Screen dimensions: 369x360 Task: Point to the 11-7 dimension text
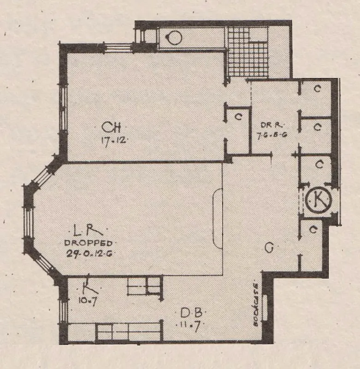point(188,324)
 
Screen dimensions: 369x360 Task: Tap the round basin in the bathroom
point(174,37)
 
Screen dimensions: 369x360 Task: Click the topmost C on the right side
point(317,90)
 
